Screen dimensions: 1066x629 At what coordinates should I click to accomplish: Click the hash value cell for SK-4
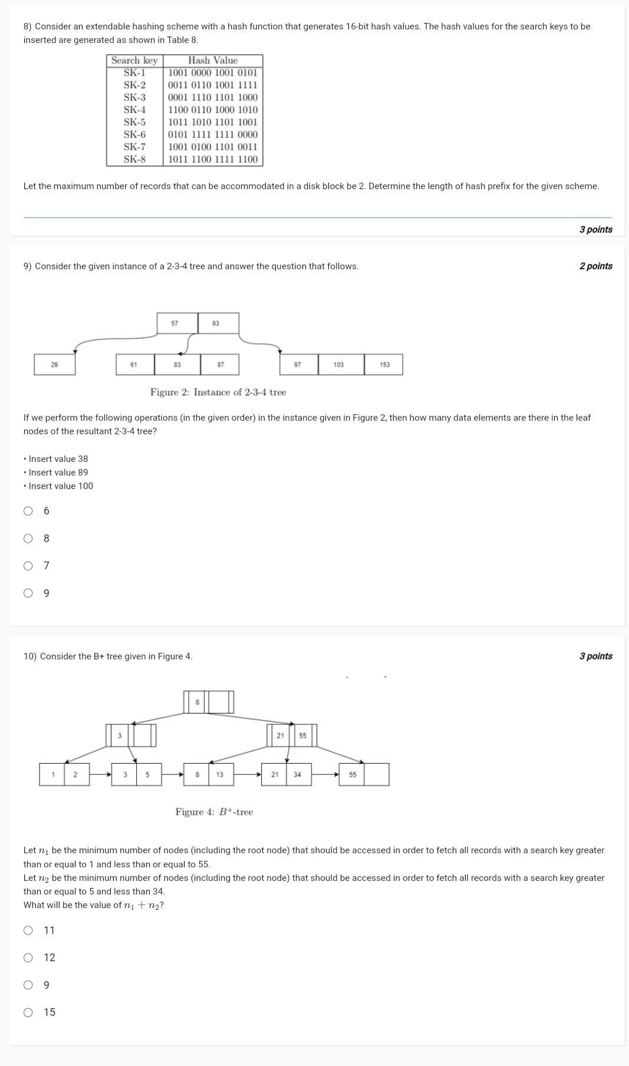click(213, 110)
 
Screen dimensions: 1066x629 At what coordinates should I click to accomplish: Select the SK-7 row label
click(134, 147)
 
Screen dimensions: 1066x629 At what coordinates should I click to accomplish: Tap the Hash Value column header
click(213, 60)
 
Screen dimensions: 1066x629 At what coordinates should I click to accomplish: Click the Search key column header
click(134, 60)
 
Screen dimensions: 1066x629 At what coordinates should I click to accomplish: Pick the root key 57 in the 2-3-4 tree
click(175, 324)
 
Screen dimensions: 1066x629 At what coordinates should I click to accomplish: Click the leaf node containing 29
click(54, 365)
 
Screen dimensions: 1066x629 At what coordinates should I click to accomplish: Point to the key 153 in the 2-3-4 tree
click(384, 365)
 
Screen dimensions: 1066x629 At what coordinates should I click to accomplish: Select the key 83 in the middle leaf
click(177, 365)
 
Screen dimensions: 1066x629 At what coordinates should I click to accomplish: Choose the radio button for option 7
click(28, 566)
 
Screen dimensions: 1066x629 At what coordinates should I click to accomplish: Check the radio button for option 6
click(28, 511)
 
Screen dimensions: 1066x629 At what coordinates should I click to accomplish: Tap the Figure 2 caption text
click(218, 392)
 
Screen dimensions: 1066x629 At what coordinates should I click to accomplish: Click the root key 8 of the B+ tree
click(197, 702)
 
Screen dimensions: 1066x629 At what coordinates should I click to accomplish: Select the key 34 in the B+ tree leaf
click(297, 774)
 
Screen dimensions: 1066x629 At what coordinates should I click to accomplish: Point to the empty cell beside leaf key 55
click(377, 774)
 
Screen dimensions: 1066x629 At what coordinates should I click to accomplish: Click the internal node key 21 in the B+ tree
click(281, 735)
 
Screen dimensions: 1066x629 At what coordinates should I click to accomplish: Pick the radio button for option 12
click(28, 958)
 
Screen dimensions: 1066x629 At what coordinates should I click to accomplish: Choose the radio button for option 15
click(28, 1012)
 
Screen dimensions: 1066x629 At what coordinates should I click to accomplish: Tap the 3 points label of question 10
click(595, 656)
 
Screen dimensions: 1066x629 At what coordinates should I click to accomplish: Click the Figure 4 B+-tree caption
click(214, 812)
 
